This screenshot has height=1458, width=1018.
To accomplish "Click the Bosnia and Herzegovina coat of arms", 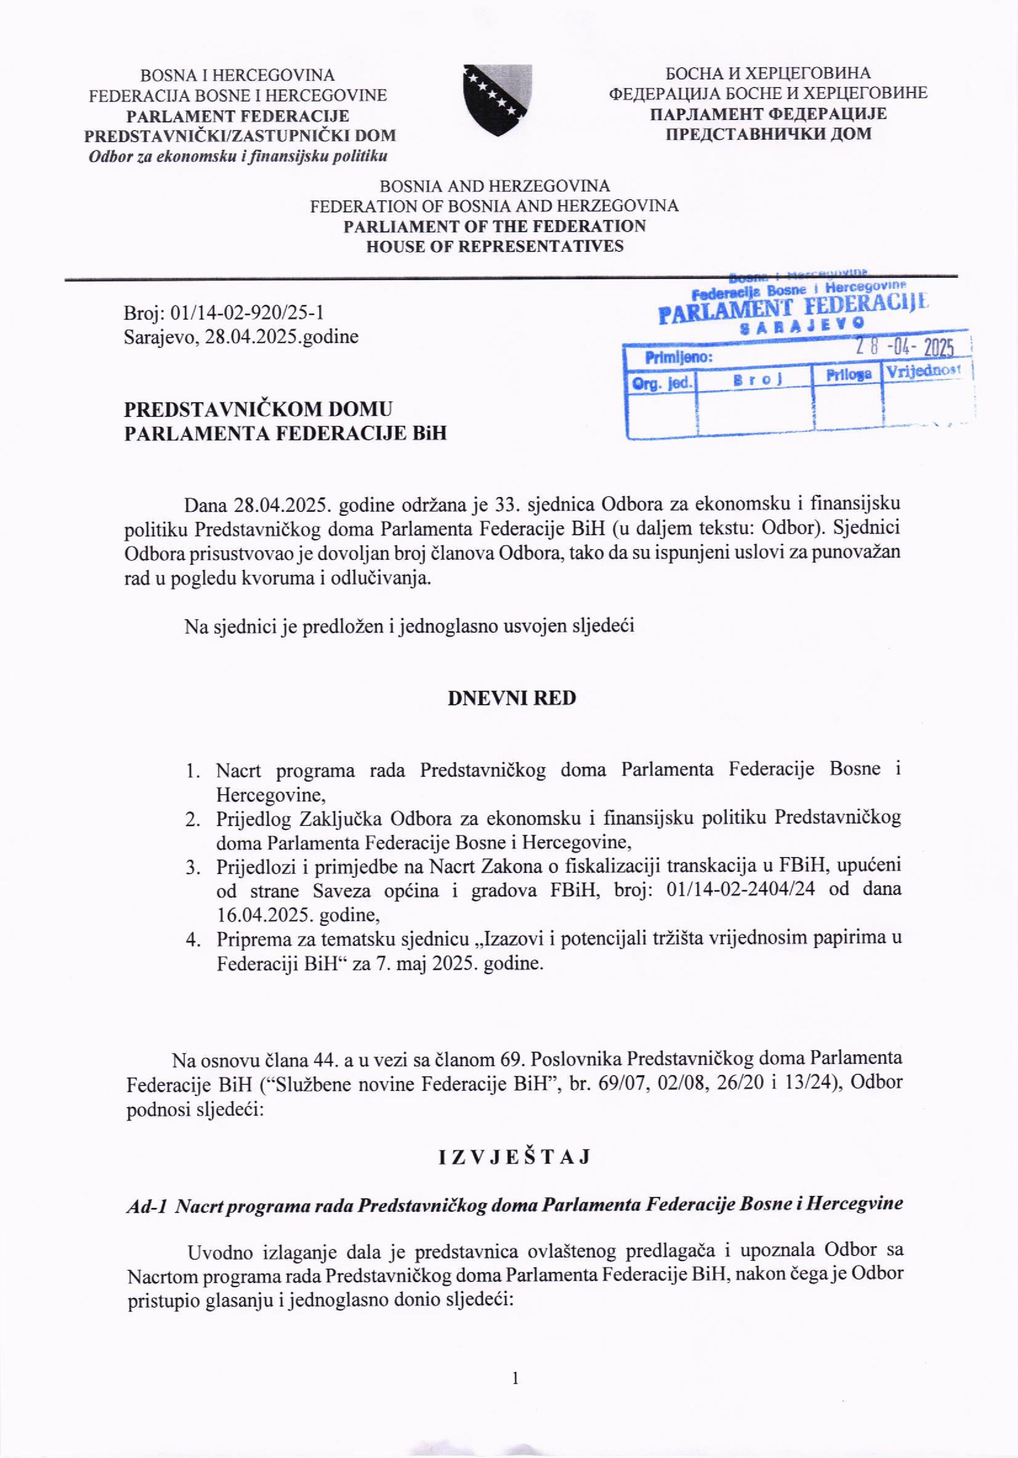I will pos(497,100).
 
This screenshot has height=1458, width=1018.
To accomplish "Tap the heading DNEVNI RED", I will pos(511,698).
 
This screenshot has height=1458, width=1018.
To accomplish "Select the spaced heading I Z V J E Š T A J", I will pos(514,1157).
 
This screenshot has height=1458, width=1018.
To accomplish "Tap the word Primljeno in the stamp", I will pos(678,357).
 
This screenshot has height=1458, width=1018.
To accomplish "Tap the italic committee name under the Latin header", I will pos(238,156).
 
